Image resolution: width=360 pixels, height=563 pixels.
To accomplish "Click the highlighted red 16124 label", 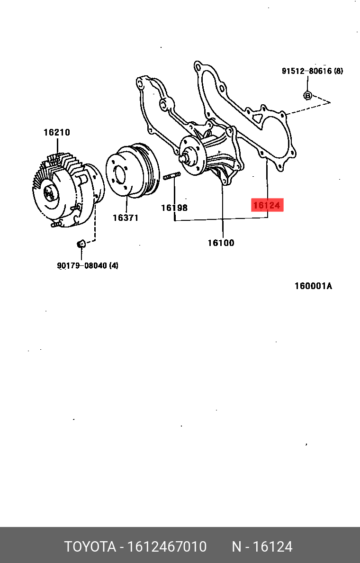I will [x=267, y=205].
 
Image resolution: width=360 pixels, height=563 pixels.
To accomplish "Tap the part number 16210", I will [x=57, y=133].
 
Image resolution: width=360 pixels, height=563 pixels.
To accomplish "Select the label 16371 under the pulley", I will [x=126, y=218].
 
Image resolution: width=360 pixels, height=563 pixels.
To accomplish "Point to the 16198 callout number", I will [x=174, y=208].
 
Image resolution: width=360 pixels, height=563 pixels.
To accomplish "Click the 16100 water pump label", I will [x=221, y=243].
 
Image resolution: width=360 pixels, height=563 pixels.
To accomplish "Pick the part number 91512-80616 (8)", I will [x=312, y=71].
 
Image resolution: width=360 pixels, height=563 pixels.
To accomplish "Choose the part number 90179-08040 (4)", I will [x=88, y=265].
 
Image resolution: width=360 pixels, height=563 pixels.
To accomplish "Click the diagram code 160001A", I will [x=313, y=286].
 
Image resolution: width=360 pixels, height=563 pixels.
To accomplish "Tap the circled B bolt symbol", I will [x=307, y=95].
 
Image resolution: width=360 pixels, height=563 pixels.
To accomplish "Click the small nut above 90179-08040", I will [x=81, y=244].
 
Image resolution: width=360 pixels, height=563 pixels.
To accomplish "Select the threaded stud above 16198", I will [x=171, y=177].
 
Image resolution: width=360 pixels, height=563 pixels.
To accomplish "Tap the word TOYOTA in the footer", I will [x=90, y=547].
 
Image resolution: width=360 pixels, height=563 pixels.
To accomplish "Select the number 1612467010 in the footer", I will [x=166, y=547].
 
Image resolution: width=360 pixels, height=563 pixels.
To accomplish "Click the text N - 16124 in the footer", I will [x=261, y=547].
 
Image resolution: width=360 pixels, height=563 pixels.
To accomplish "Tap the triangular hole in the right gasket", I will [x=257, y=116].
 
